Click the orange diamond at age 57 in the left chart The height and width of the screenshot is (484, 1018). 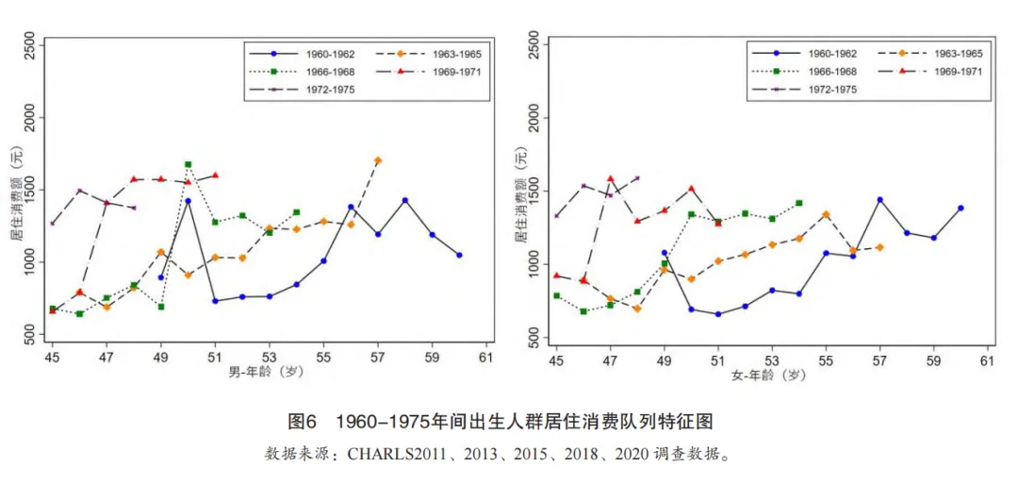[378, 160]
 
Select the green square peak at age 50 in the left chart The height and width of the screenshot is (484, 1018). [188, 164]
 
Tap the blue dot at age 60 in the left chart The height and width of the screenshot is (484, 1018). [459, 255]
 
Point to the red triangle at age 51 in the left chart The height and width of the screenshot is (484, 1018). [215, 175]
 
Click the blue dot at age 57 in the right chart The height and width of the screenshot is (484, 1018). [879, 200]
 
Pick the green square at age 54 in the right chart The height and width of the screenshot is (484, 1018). [798, 203]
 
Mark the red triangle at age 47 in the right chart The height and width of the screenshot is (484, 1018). [610, 178]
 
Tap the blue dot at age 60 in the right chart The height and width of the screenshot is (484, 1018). [961, 208]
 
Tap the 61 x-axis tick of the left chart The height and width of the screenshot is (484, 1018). [486, 358]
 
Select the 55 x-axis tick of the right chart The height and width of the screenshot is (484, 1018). [826, 358]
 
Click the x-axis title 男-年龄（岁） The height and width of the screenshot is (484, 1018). [268, 374]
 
